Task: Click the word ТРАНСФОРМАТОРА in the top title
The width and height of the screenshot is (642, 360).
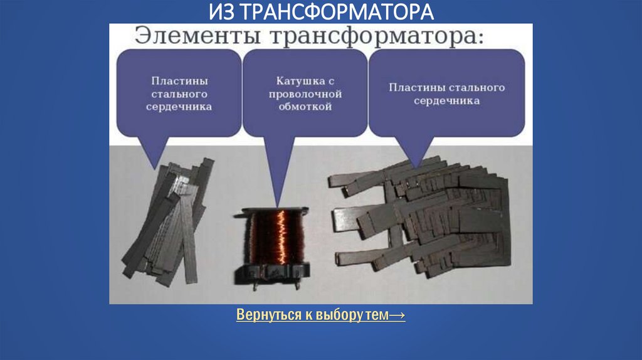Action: pos(337,11)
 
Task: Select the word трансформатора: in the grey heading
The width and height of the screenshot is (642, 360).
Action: pos(377,36)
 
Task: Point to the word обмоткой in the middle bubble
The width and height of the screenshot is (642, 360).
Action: pos(305,107)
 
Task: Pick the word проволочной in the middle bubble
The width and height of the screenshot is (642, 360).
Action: pos(305,94)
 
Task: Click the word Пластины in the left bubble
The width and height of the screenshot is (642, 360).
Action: pos(179,81)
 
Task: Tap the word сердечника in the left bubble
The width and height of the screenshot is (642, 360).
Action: pos(179,107)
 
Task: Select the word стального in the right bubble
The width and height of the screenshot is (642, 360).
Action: pos(477,88)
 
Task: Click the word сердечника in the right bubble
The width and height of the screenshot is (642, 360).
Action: pos(446,101)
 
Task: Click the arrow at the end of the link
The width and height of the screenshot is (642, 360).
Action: pos(397,315)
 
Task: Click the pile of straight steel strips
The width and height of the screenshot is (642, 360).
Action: pos(168,221)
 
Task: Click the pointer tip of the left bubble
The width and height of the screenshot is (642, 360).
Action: pos(154,169)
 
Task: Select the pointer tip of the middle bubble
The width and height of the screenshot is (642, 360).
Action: pos(278,208)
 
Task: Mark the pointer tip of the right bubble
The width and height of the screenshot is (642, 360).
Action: pos(416,168)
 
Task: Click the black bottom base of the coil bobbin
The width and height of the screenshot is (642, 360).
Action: pos(272,275)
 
